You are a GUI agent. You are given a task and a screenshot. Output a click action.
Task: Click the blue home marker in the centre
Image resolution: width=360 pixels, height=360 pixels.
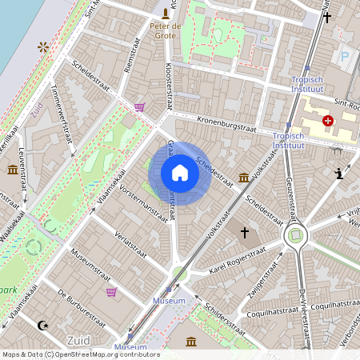(x=180, y=173)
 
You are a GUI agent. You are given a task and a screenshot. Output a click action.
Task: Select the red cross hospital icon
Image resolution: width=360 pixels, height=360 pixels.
(x=328, y=121)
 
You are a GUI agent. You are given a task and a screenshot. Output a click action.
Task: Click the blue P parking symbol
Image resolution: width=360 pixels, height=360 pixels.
(x=345, y=57)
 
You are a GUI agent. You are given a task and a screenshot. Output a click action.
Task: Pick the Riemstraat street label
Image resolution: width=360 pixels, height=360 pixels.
(x=133, y=58)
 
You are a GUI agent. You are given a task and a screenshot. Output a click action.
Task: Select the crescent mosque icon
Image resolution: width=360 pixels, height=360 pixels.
(x=43, y=325)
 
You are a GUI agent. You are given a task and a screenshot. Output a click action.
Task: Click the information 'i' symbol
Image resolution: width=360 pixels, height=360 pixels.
(x=339, y=173)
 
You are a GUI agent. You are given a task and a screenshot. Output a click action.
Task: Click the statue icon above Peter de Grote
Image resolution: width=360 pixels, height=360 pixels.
(x=166, y=13)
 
